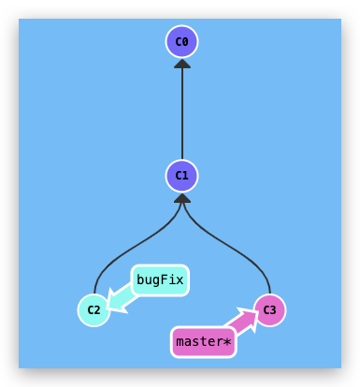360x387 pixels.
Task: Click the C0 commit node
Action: point(182,42)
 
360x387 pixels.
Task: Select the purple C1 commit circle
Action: point(182,175)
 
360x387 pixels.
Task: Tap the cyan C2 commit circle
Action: point(94,309)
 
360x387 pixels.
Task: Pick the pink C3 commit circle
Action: point(270,309)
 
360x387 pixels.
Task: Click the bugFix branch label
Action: point(160,279)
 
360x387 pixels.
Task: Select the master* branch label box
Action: point(203,342)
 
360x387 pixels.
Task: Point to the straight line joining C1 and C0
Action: point(182,112)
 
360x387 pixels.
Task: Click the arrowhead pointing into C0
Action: point(182,64)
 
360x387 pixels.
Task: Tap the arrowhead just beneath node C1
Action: point(182,197)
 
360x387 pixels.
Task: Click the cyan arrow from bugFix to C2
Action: point(122,296)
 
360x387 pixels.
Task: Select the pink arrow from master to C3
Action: point(243,323)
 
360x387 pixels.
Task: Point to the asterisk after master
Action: point(226,342)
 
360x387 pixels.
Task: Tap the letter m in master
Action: point(180,342)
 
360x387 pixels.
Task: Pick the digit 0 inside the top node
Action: point(186,42)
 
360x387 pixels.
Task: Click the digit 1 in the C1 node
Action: point(186,175)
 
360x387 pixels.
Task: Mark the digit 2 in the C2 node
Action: point(97,309)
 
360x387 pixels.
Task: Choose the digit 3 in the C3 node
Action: point(274,309)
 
